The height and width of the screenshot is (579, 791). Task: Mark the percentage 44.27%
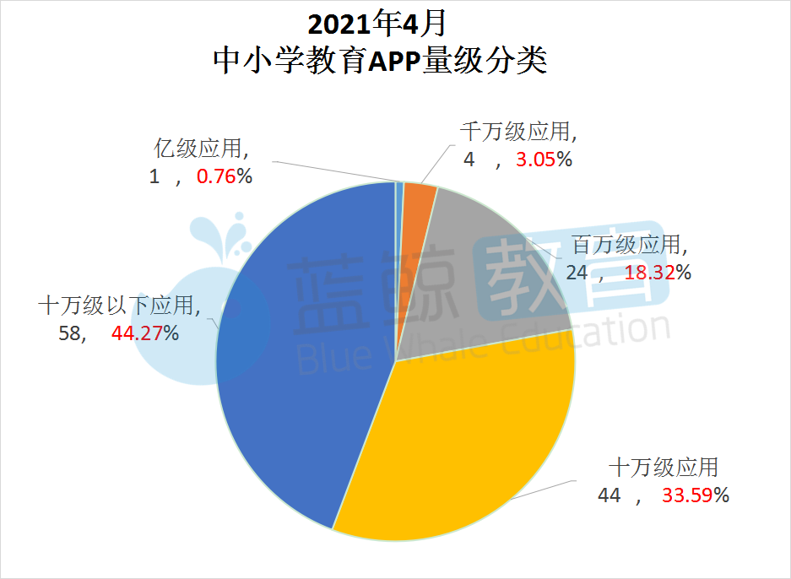(x=144, y=333)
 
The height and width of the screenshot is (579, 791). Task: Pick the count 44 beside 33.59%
(x=609, y=495)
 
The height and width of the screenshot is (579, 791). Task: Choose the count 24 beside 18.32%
(x=577, y=273)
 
